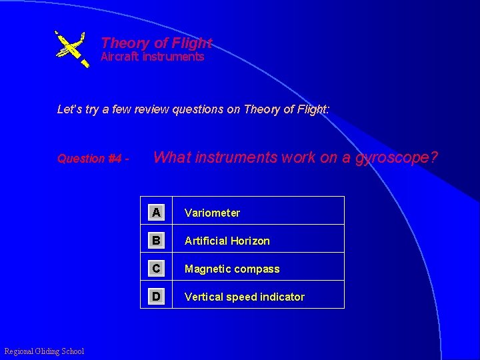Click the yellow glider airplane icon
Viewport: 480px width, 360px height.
(71, 49)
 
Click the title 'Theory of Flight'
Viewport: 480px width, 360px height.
(156, 43)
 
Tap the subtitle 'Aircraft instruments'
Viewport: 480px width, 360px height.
(152, 57)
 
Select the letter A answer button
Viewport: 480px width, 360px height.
(155, 213)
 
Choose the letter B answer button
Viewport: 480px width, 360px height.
(155, 241)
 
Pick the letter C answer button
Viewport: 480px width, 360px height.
(155, 269)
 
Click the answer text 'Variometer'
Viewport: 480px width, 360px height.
(212, 213)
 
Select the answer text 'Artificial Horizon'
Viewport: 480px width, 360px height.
(227, 241)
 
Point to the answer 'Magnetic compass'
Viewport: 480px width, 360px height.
(232, 269)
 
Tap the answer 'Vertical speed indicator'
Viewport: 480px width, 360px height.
(245, 297)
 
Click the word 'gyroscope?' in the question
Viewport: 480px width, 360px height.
(398, 158)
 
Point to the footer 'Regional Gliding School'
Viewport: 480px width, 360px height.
(44, 351)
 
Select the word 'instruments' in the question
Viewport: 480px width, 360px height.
(235, 158)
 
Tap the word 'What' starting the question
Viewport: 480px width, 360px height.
(171, 158)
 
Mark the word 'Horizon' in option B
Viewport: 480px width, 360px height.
(251, 241)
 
